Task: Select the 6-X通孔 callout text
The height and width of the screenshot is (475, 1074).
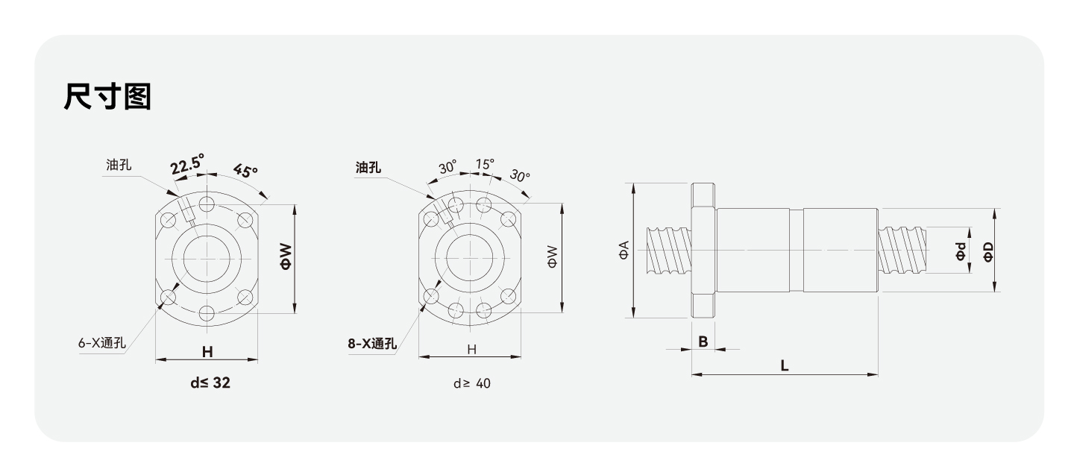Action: click(x=102, y=344)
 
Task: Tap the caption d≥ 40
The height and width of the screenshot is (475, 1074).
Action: click(x=472, y=384)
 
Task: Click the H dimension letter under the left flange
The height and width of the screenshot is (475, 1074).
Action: click(x=207, y=350)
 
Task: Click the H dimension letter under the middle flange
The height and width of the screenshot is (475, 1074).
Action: click(x=471, y=349)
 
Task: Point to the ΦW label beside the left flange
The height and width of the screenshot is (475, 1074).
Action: click(x=286, y=257)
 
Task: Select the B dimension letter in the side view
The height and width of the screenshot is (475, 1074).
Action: click(x=703, y=341)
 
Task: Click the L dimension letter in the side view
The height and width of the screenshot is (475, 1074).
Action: click(x=784, y=365)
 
